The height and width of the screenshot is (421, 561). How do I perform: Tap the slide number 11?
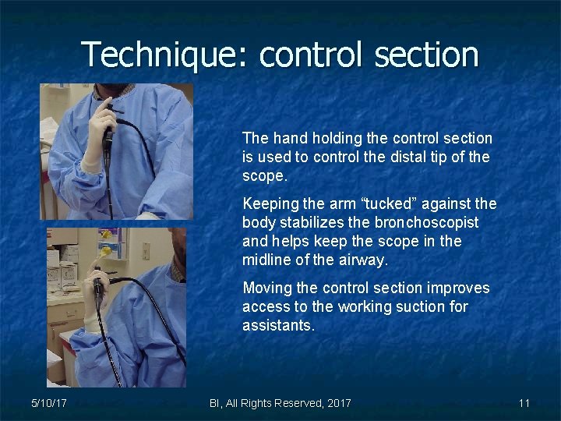pos(524,403)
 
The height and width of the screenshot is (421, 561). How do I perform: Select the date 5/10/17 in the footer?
pos(48,403)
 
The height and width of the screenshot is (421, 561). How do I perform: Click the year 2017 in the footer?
pos(337,403)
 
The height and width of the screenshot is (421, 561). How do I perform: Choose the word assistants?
pos(278,325)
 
